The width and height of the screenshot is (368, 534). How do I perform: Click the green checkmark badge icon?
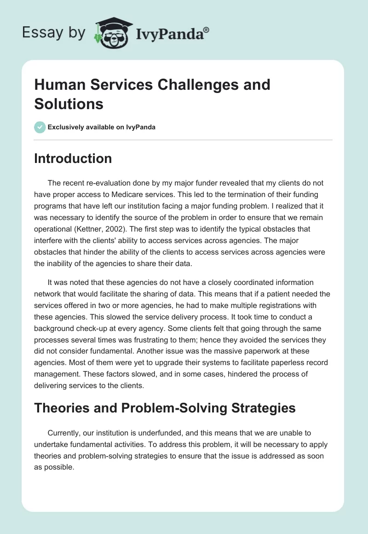point(40,127)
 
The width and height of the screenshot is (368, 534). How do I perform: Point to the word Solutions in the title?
point(69,104)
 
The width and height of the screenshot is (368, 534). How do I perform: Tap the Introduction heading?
point(73,159)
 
